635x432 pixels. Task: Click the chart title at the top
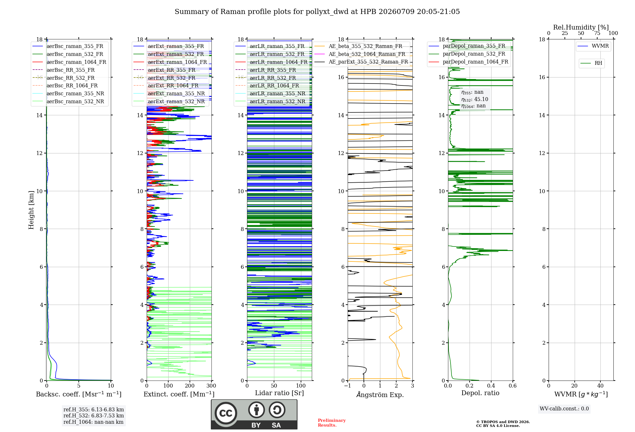click(x=317, y=12)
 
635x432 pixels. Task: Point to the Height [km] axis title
click(x=31, y=210)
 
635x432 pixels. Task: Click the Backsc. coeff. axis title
click(x=79, y=394)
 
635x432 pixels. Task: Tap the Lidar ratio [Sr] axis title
click(x=279, y=393)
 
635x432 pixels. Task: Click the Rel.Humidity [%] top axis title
click(x=581, y=27)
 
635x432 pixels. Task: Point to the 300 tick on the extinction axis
click(x=211, y=386)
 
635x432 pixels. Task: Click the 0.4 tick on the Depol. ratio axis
click(x=491, y=386)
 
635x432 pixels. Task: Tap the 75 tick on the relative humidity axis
click(x=597, y=33)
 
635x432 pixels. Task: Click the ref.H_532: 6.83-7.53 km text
click(x=94, y=415)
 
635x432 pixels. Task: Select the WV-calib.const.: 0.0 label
click(x=564, y=409)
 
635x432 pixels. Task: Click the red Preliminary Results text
click(x=332, y=423)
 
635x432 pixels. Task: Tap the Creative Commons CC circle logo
click(x=226, y=413)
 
